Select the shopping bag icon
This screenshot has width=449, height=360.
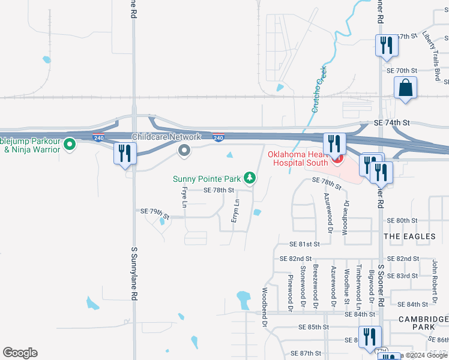pos(406,88)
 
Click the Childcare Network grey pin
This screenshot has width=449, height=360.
pos(184,151)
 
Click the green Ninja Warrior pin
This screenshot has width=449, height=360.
pos(70,144)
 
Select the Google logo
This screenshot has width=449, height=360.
pos(20,353)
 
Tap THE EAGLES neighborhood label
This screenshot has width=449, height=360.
pos(409,236)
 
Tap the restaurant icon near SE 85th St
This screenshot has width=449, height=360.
pos(369,337)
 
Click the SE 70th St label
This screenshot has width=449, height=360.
pos(402,70)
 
